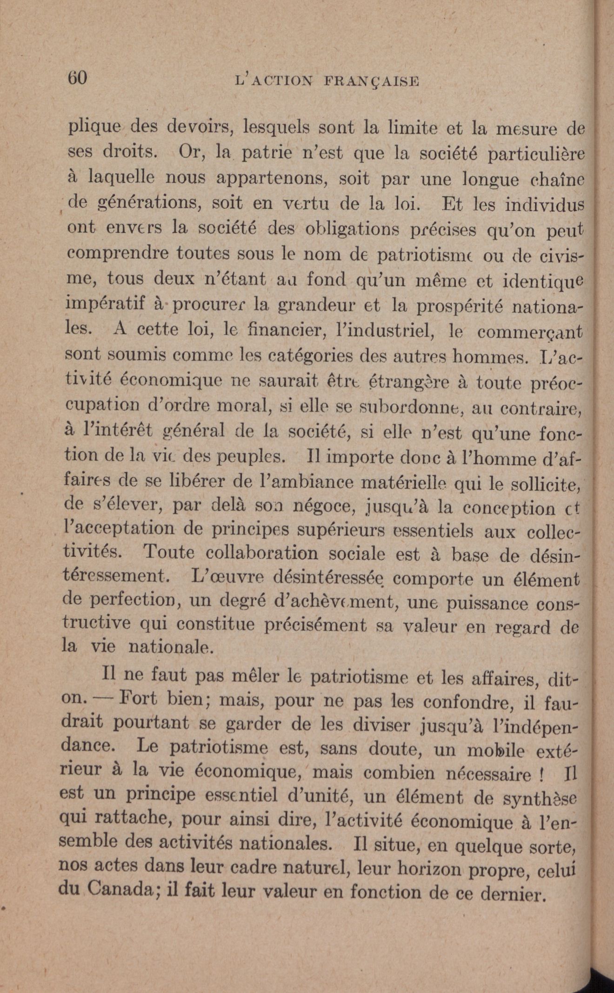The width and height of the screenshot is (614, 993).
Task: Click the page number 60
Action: coord(78,78)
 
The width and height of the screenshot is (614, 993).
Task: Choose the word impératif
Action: coord(106,305)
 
